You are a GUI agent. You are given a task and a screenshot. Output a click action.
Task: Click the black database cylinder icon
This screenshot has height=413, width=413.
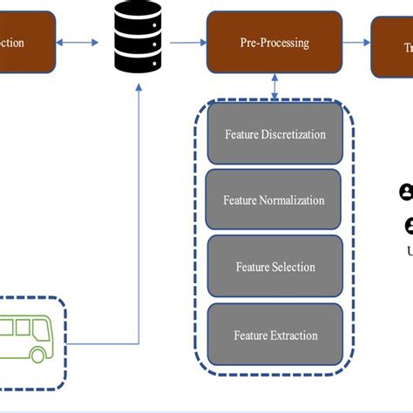(139, 37)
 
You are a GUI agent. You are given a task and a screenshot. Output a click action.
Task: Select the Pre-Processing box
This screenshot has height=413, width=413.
(274, 43)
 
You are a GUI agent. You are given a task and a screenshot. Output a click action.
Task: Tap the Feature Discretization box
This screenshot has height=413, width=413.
(274, 134)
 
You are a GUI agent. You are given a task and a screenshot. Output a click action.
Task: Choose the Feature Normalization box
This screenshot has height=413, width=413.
(274, 200)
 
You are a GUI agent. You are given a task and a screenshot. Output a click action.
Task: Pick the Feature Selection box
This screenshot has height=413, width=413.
(274, 267)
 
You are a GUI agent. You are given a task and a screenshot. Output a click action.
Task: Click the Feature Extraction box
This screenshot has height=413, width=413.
(274, 335)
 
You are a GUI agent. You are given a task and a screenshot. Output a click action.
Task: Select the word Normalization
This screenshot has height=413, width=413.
(292, 200)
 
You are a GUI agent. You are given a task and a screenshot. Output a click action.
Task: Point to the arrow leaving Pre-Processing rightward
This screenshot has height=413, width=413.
(356, 43)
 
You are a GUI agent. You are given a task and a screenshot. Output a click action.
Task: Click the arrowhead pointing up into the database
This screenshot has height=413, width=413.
(139, 85)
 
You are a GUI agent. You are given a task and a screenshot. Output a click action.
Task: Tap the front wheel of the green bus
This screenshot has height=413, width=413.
(38, 355)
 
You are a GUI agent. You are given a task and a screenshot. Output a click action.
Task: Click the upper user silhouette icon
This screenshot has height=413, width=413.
(406, 192)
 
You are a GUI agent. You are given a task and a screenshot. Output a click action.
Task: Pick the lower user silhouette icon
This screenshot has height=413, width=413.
(409, 226)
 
